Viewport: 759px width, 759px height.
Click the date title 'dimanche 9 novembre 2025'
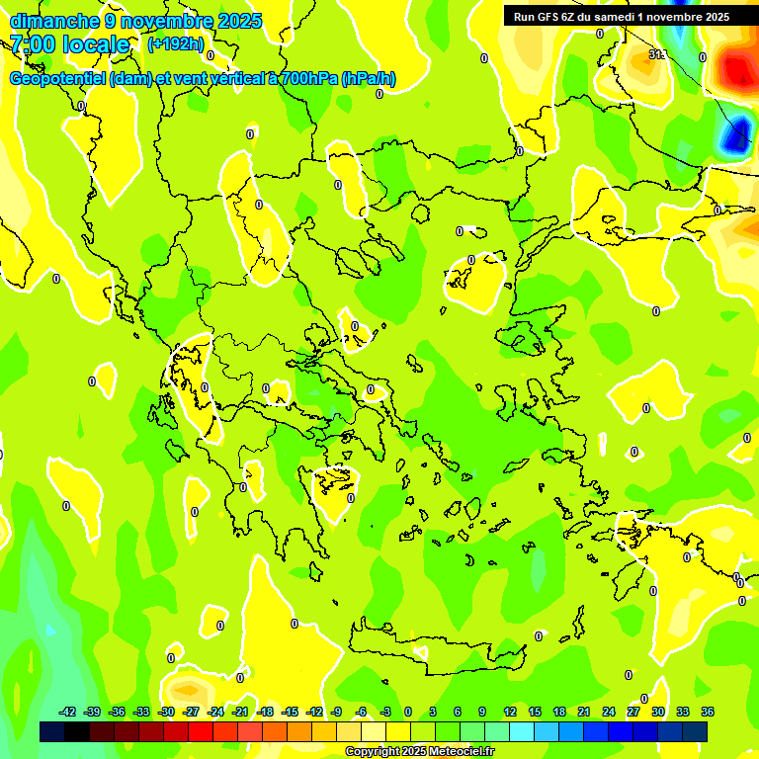[135, 21]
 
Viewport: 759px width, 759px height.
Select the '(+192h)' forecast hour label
[175, 44]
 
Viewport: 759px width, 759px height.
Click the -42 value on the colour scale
[68, 712]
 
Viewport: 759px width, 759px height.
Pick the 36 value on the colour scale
[708, 712]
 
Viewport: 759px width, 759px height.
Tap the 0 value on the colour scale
[407, 712]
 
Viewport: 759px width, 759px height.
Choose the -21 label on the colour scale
[240, 712]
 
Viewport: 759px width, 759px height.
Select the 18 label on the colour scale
[559, 712]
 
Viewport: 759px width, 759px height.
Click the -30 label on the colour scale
[166, 712]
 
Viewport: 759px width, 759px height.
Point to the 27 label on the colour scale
[633, 712]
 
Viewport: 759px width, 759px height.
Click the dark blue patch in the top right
[733, 139]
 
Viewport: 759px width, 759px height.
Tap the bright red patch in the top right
[737, 69]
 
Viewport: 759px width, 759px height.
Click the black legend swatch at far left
[52, 731]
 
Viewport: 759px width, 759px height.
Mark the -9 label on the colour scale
[336, 712]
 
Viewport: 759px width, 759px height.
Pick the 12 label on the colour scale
[510, 712]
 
